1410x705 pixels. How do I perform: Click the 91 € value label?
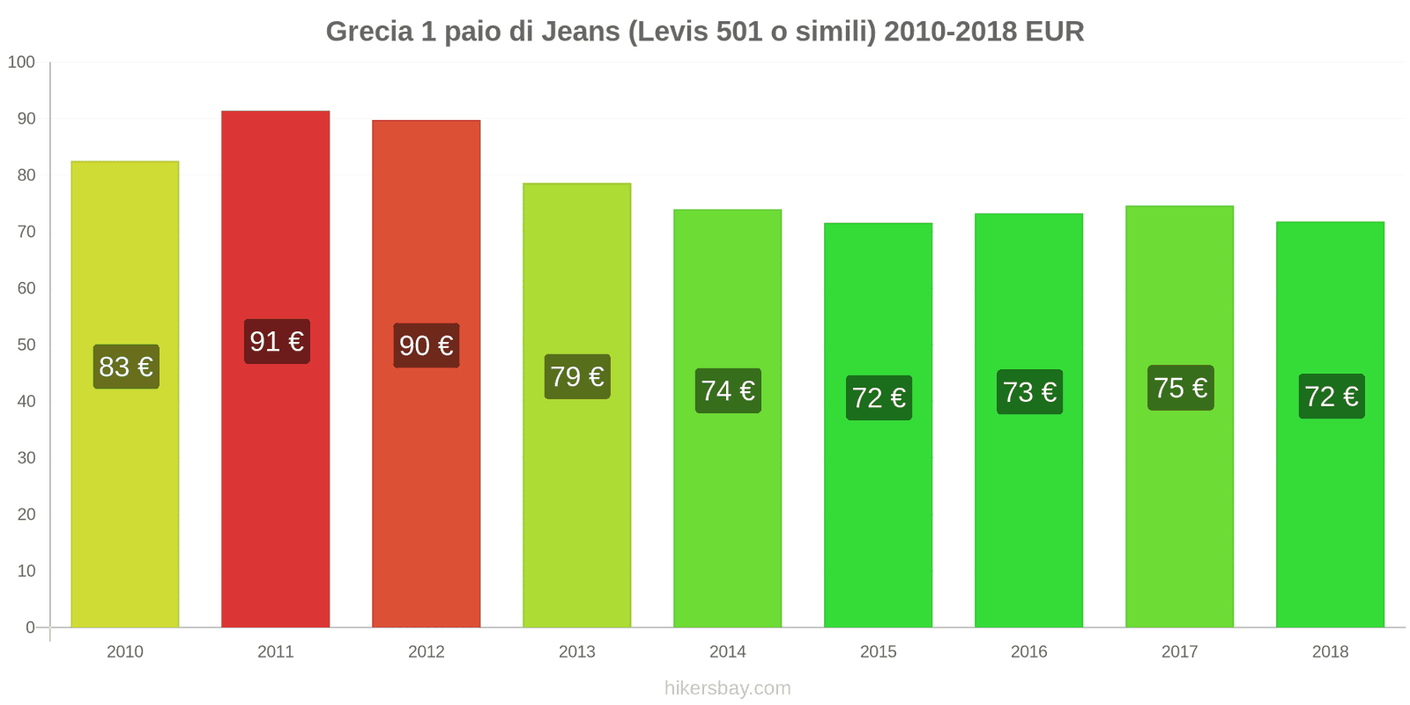[277, 342]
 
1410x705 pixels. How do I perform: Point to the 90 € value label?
[427, 345]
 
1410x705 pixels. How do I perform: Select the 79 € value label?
[577, 377]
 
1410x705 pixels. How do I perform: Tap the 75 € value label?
[1180, 388]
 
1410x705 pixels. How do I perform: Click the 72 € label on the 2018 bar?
[1331, 397]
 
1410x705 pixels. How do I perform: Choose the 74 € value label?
[728, 390]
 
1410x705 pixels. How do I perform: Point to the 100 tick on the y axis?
[21, 63]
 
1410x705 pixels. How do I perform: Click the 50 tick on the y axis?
[26, 345]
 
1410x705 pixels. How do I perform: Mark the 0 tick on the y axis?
[30, 627]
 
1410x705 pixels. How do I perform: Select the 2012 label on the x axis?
[427, 652]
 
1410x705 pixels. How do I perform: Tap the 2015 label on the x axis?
[879, 652]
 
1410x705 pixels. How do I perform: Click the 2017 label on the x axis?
[1180, 652]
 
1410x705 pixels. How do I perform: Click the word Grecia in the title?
[369, 32]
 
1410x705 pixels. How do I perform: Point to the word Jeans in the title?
[581, 32]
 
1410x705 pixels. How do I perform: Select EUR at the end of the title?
[1055, 32]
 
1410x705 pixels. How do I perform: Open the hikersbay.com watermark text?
[728, 688]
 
